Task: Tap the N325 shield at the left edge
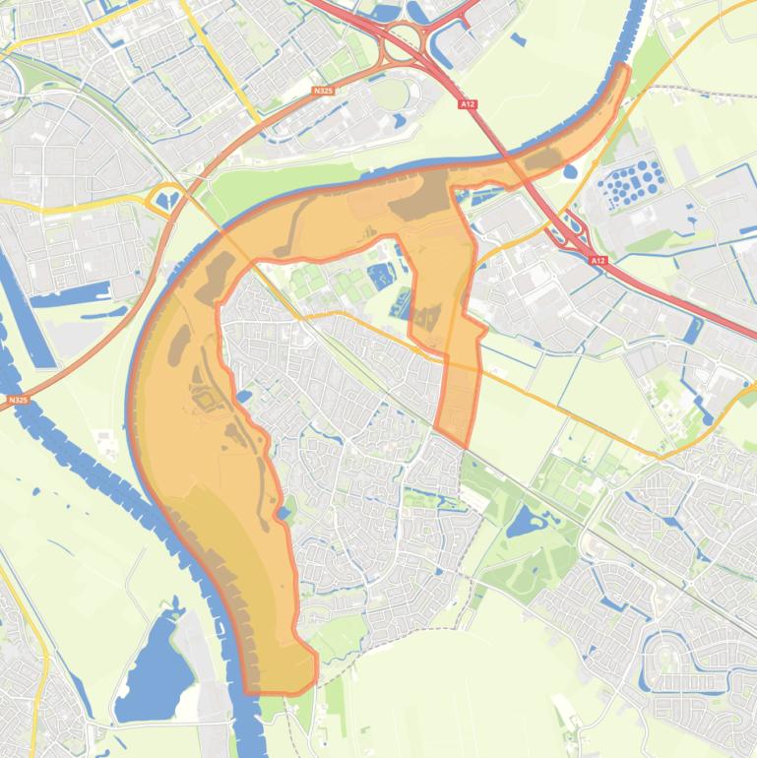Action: point(17,401)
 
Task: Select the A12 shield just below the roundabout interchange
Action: point(467,102)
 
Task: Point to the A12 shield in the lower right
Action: point(598,261)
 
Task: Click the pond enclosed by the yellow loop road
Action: point(164,200)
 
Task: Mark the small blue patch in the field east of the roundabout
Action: point(519,39)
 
